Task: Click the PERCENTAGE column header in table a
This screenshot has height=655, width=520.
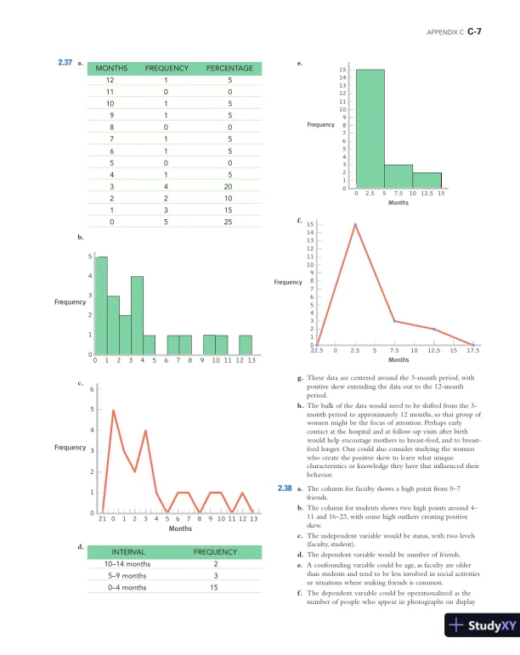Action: tap(229, 68)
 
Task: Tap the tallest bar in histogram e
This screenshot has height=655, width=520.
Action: tap(370, 127)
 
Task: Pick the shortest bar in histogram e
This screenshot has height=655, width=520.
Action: tap(427, 180)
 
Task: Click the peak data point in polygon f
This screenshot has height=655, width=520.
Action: tap(355, 225)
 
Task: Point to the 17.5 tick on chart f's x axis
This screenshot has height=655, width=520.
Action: tap(473, 350)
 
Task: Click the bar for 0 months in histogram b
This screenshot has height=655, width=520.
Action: tap(102, 305)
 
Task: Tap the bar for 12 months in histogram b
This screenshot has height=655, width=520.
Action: tap(245, 344)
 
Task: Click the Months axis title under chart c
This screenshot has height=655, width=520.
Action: tap(179, 528)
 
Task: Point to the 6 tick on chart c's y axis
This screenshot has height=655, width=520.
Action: tap(92, 389)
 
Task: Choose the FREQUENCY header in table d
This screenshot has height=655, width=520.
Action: tap(215, 551)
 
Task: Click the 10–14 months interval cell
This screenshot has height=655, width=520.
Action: tap(126, 563)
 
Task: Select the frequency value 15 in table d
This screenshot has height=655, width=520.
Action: tap(215, 587)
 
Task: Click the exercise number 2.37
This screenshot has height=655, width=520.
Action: tap(65, 63)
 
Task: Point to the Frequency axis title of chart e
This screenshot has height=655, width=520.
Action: tap(321, 125)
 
